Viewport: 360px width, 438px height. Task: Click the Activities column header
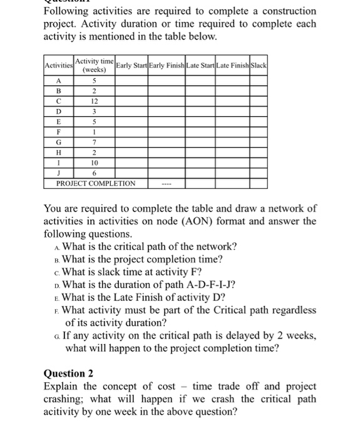[x=58, y=66]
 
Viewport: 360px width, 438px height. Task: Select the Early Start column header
[x=131, y=66]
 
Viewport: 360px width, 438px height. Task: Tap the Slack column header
[x=259, y=66]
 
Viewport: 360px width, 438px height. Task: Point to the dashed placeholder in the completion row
[x=166, y=184]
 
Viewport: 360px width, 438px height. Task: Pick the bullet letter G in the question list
[x=58, y=336]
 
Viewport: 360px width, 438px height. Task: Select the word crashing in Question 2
[x=65, y=399]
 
